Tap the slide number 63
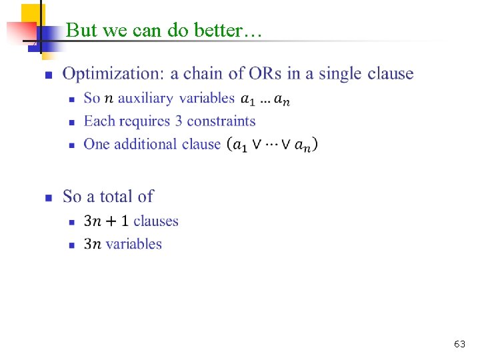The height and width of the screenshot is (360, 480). [459, 344]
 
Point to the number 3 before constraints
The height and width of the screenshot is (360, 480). [178, 121]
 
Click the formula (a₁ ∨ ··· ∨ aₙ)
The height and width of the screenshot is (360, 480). [272, 144]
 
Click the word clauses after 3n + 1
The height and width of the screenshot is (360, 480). [156, 221]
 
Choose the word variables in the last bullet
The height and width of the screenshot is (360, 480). [133, 244]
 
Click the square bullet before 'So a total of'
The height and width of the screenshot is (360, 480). [48, 197]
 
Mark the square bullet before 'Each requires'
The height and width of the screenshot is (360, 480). [72, 122]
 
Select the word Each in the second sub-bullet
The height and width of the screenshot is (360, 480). [98, 121]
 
